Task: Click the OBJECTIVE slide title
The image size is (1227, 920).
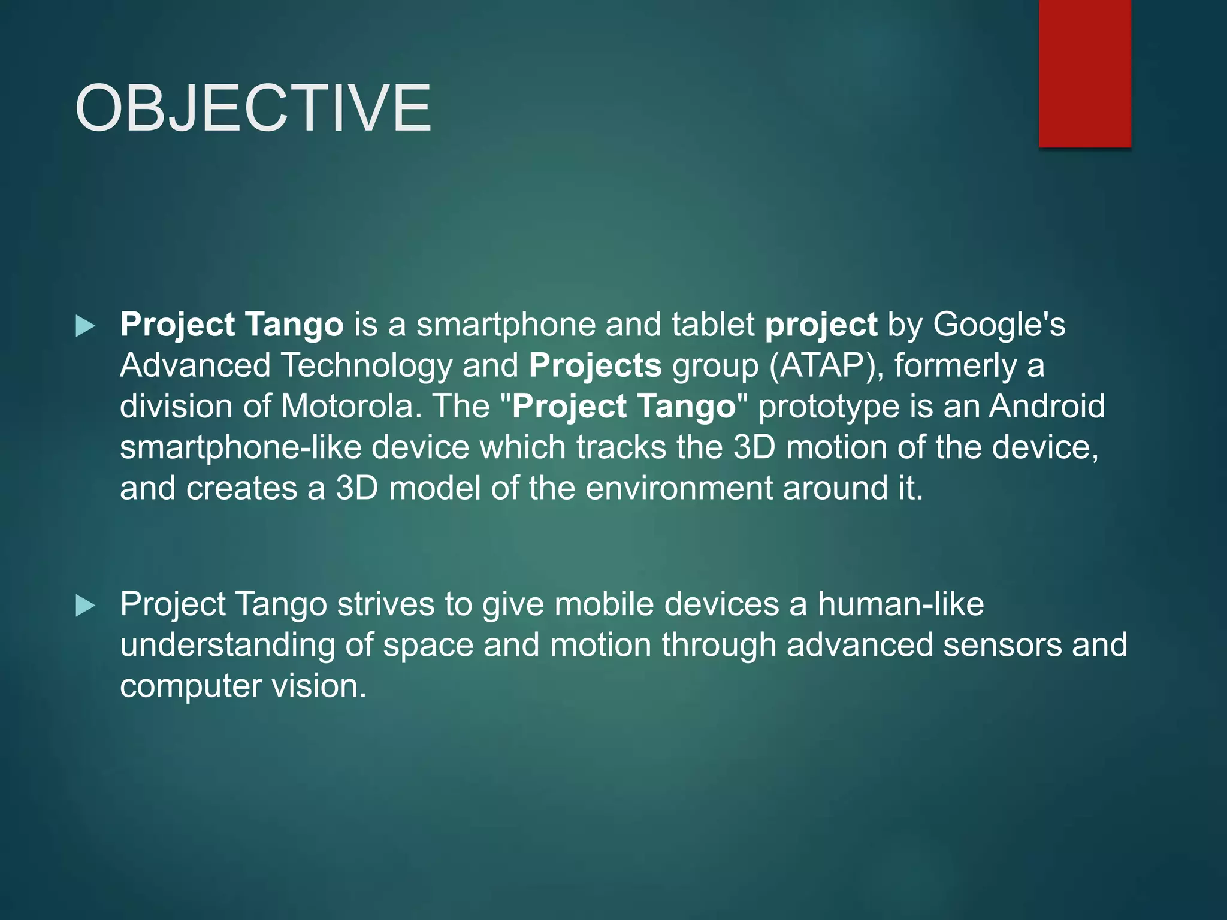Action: click(x=252, y=108)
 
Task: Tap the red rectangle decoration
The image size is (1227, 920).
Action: click(x=1084, y=73)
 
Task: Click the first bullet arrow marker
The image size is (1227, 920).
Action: click(x=86, y=326)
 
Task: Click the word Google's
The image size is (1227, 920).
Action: click(x=999, y=325)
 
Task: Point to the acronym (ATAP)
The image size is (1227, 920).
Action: click(x=826, y=366)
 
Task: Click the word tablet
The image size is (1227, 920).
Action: click(x=713, y=325)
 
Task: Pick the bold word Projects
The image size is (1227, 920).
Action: click(x=595, y=366)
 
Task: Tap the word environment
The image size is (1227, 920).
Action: click(x=679, y=488)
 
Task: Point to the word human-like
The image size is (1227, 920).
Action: click(x=900, y=604)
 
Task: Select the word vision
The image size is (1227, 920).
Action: click(x=319, y=686)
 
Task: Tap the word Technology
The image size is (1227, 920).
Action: click(x=366, y=366)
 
